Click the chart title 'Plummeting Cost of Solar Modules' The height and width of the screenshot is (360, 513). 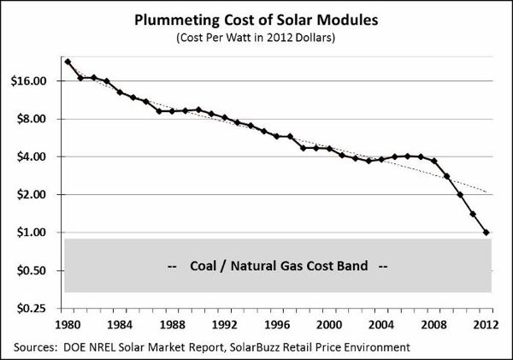point(256,21)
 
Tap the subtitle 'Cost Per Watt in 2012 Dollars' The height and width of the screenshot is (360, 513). point(256,38)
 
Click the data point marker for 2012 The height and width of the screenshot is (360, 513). point(486,233)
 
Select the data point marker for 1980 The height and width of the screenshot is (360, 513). point(68,62)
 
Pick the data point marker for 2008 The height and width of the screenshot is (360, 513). point(434,161)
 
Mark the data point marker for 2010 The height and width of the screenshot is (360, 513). point(461,195)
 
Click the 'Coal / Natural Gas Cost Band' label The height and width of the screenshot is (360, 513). point(278,266)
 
